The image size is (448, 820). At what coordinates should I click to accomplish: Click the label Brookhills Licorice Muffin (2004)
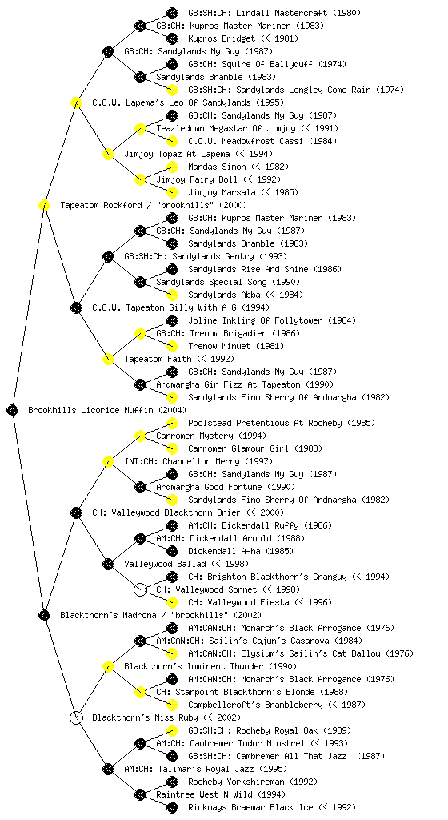(x=107, y=410)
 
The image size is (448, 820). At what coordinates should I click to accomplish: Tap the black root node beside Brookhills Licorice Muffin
(x=13, y=410)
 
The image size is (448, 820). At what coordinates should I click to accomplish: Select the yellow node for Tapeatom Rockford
(x=44, y=205)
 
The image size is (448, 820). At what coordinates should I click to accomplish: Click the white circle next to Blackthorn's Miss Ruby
(x=76, y=717)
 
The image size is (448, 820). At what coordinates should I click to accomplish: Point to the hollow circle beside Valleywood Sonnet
(x=140, y=589)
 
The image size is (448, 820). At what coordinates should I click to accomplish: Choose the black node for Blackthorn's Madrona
(x=44, y=615)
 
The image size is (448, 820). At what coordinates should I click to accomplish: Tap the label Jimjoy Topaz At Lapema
(x=177, y=154)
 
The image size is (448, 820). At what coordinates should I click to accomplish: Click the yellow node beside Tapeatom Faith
(x=108, y=359)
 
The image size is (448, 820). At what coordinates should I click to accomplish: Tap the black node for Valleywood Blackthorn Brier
(x=76, y=512)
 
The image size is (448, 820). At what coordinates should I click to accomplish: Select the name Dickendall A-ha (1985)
(x=241, y=551)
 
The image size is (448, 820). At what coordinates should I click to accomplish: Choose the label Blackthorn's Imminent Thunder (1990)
(x=210, y=666)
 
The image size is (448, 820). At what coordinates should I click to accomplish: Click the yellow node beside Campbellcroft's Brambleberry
(x=172, y=705)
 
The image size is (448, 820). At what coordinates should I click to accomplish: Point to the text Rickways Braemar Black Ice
(x=250, y=807)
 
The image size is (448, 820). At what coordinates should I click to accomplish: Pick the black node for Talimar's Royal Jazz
(x=108, y=769)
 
